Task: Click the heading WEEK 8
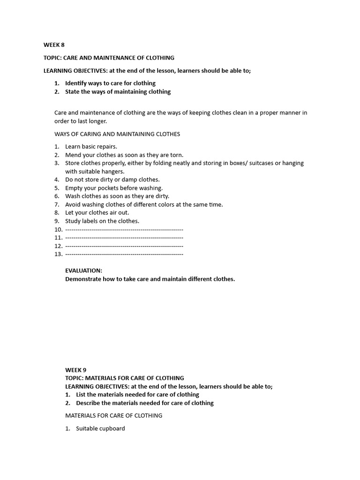54,45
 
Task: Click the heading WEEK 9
75,370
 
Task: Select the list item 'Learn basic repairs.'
91,147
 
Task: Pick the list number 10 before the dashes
58,229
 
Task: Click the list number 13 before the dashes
58,254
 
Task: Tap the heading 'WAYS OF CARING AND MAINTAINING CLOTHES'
117,134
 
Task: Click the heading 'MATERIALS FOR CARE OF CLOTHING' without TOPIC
113,415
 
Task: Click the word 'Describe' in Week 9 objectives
89,403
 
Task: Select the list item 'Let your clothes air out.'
97,212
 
